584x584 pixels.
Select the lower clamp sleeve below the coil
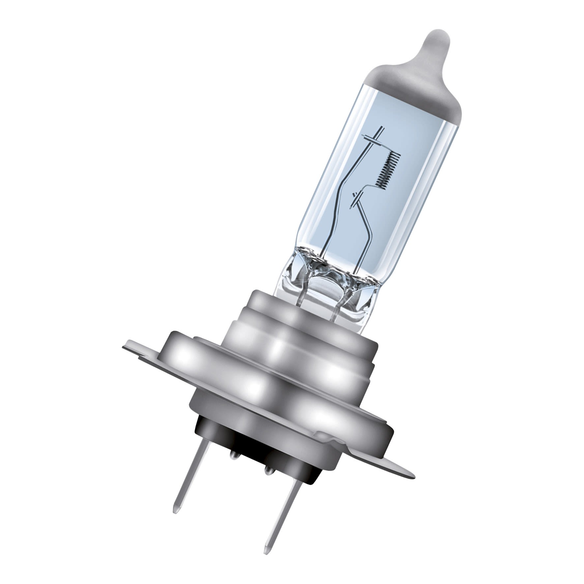tap(356, 197)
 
